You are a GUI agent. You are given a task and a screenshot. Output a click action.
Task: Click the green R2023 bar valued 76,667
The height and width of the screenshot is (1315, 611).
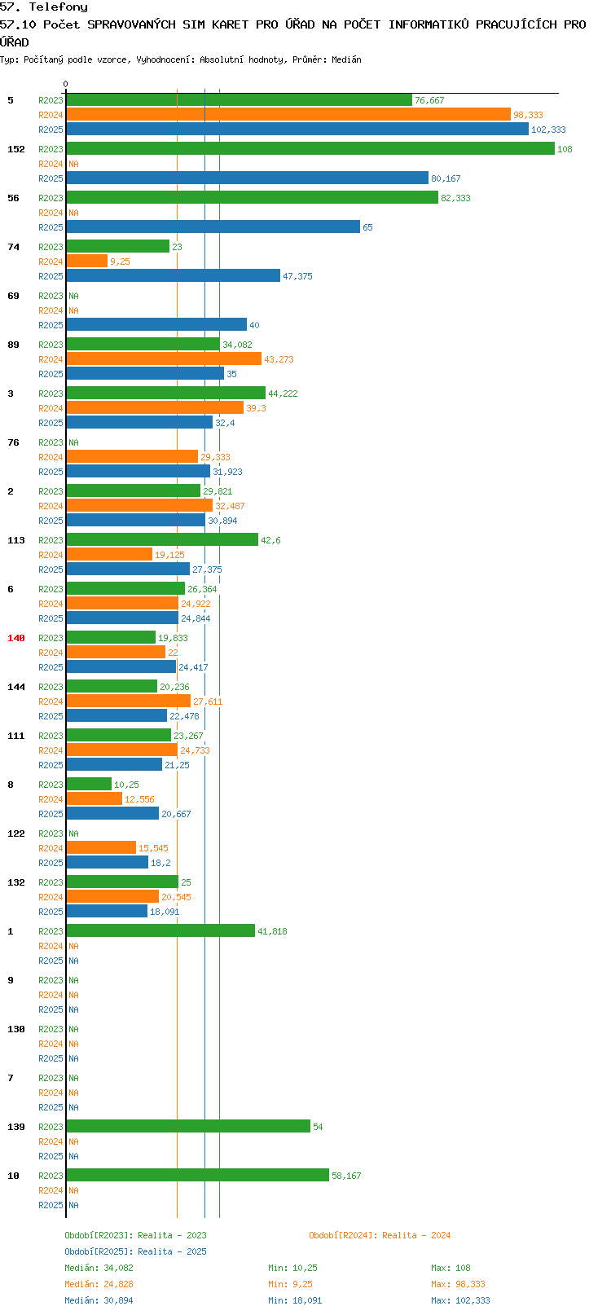(x=239, y=100)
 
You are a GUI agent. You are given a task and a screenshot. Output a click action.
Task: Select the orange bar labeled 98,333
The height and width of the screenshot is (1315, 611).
(x=288, y=115)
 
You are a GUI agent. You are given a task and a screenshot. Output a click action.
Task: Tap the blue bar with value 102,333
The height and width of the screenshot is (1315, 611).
(x=297, y=130)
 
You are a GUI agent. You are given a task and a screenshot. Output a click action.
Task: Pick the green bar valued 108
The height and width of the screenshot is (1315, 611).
(x=310, y=149)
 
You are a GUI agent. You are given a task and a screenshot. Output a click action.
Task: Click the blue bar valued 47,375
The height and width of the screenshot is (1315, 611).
(x=174, y=276)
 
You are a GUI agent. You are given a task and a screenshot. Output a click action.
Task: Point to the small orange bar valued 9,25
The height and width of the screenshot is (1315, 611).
(x=87, y=262)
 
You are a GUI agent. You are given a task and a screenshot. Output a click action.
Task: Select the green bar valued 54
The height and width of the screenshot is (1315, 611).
(x=188, y=1127)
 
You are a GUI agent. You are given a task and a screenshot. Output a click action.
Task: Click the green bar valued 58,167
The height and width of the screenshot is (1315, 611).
(x=197, y=1176)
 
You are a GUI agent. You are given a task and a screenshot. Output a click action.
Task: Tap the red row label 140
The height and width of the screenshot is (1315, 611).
(x=15, y=638)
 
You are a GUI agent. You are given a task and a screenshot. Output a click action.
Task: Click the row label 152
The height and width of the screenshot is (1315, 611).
(x=15, y=149)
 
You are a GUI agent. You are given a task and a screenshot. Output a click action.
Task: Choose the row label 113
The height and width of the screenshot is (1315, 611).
(x=15, y=540)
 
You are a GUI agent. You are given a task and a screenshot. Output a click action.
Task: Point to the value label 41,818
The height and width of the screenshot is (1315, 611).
(x=272, y=931)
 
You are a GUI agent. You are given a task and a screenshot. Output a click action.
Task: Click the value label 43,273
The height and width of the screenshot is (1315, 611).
(x=279, y=359)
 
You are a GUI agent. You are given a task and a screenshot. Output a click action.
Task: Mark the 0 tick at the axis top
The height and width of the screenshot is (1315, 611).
(x=65, y=84)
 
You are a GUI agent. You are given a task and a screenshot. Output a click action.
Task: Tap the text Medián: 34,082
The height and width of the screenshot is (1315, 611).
(x=99, y=1268)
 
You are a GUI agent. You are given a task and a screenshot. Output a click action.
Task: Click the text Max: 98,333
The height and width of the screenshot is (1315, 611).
(x=459, y=1285)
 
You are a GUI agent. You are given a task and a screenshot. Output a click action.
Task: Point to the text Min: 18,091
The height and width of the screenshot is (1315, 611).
(x=295, y=1300)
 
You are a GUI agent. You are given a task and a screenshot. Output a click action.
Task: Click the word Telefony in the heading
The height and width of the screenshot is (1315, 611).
(x=58, y=7)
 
